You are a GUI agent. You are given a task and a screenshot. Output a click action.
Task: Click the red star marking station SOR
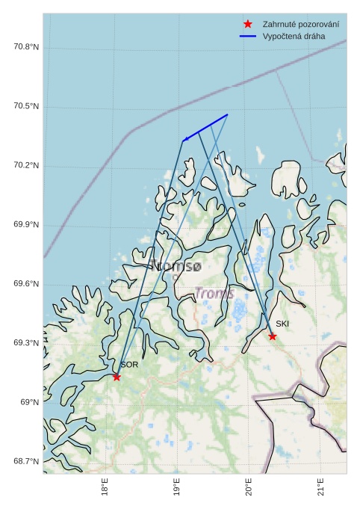click(x=117, y=377)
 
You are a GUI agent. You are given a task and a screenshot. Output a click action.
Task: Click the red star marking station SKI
click(x=273, y=336)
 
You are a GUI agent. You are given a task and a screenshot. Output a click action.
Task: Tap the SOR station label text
click(x=129, y=365)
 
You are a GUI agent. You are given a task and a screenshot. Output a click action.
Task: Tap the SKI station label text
click(x=282, y=324)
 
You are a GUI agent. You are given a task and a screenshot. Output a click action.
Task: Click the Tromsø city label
click(x=176, y=265)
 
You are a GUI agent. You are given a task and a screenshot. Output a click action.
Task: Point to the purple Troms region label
click(x=215, y=294)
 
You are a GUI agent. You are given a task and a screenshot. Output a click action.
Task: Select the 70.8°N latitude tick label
click(x=26, y=47)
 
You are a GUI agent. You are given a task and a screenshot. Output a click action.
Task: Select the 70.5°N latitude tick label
click(x=26, y=106)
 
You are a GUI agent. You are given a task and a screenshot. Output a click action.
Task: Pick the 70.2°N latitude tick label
click(x=26, y=165)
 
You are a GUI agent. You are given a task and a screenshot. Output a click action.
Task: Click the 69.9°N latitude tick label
click(x=26, y=225)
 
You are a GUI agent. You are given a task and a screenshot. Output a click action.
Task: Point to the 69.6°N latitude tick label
click(x=26, y=284)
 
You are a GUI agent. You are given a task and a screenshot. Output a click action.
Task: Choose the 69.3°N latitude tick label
click(x=26, y=343)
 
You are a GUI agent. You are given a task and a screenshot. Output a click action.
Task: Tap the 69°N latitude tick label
click(x=29, y=402)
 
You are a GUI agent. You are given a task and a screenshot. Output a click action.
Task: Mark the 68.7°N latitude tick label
click(x=26, y=461)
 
